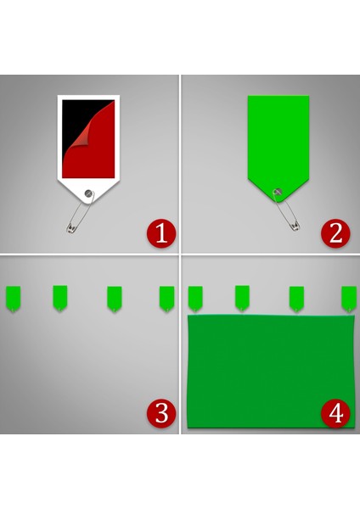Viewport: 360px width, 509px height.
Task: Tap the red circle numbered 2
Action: (335, 232)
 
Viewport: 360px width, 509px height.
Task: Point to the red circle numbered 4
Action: (335, 413)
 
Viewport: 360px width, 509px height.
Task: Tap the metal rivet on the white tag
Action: (88, 193)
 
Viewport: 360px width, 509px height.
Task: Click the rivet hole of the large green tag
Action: (276, 192)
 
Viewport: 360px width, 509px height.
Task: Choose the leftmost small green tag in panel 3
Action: (13, 298)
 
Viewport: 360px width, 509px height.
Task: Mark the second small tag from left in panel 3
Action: (59, 297)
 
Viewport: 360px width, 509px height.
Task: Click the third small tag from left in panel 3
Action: (114, 298)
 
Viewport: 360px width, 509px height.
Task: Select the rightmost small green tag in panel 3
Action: (166, 298)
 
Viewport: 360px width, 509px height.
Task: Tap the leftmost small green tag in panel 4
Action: (195, 298)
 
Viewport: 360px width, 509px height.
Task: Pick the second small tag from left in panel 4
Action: (242, 297)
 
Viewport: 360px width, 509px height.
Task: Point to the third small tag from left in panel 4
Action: (296, 298)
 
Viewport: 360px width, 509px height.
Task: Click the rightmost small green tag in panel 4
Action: (348, 298)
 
